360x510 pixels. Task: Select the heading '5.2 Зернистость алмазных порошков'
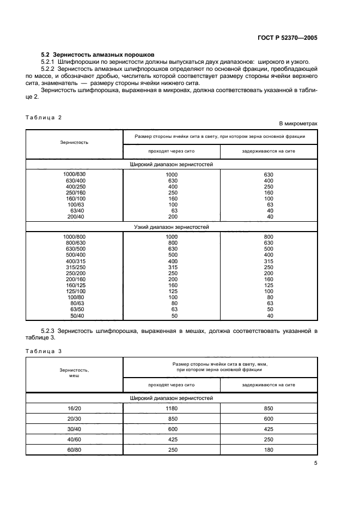tap(98, 55)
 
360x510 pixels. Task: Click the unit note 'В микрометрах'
tap(298, 124)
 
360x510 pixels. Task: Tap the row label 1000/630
tap(74, 174)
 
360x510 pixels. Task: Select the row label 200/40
tap(74, 216)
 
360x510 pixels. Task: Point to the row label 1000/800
tap(74, 236)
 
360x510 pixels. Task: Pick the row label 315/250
tap(74, 267)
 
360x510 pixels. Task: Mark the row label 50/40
tap(74, 315)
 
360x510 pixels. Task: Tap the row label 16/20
tap(74, 408)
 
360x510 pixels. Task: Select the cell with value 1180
tap(172, 408)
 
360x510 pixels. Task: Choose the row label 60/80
tap(74, 450)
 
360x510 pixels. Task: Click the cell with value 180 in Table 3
tap(269, 450)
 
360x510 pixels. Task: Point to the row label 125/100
tap(74, 292)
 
